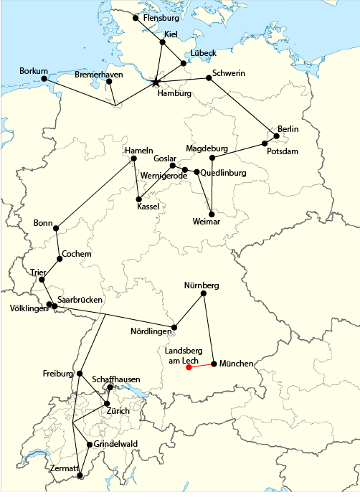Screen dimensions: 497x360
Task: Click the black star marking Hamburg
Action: [x=156, y=82]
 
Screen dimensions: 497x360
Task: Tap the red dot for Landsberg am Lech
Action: [x=189, y=368]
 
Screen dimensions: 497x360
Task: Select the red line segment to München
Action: [x=202, y=366]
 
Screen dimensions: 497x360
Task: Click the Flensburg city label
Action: [x=161, y=17]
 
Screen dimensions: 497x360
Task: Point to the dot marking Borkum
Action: [x=44, y=78]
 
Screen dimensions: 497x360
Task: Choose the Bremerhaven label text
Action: [x=99, y=75]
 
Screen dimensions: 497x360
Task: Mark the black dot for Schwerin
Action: [x=209, y=78]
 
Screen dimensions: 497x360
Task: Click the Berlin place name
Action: [x=288, y=128]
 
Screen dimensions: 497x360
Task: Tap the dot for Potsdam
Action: [x=265, y=143]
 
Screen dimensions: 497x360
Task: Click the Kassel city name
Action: [x=148, y=207]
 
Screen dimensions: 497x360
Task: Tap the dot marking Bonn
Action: [x=56, y=229]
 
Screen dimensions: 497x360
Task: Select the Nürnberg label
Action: [x=202, y=285]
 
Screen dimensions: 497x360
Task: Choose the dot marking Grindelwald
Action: [x=89, y=445]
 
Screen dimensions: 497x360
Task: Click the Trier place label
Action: [x=37, y=272]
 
